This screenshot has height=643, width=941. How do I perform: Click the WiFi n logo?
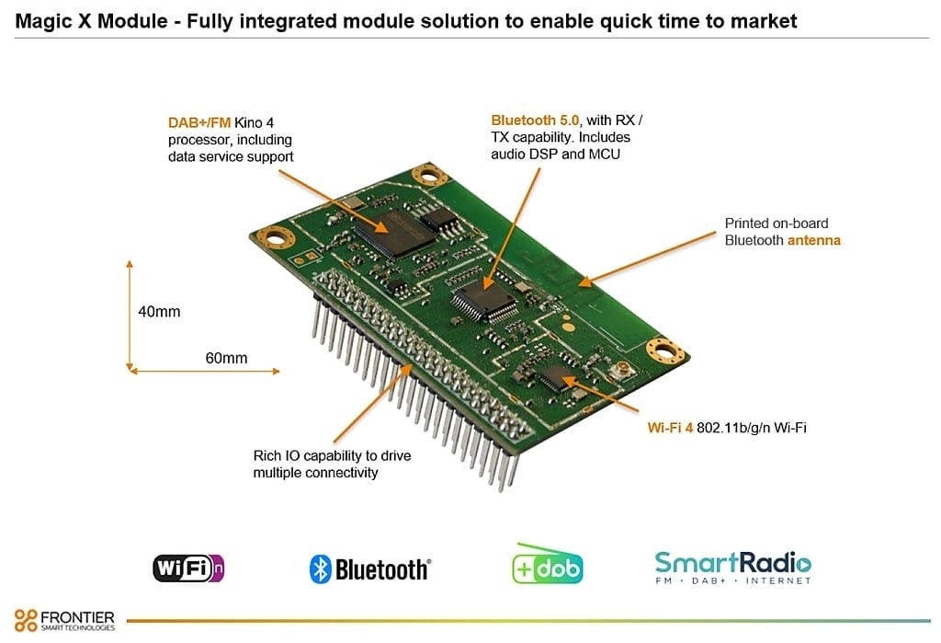[x=188, y=567]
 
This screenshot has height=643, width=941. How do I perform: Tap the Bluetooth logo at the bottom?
[x=369, y=569]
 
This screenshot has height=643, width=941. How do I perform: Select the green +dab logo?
[x=548, y=567]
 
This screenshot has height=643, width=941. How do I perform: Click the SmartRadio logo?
[x=732, y=566]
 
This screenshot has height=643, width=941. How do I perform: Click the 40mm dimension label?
[x=159, y=312]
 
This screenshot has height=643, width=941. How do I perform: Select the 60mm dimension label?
[x=226, y=357]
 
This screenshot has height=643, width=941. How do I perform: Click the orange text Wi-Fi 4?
[x=670, y=428]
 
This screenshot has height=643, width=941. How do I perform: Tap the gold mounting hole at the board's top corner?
[x=427, y=174]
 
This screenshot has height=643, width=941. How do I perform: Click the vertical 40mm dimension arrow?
[x=130, y=315]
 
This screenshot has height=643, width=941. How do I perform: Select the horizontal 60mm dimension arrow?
[x=205, y=371]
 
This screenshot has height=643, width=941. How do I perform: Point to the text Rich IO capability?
[x=332, y=456]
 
